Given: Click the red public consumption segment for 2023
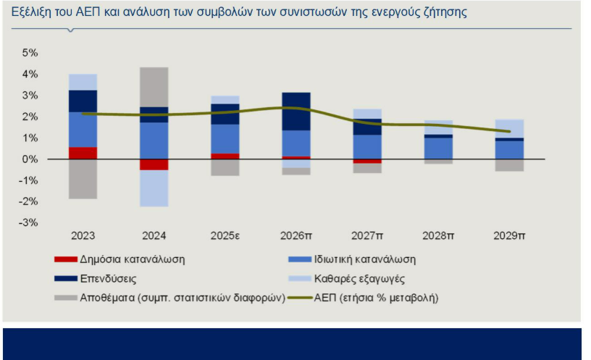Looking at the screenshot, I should pos(83,153).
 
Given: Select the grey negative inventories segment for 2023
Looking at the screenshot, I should pos(83,178).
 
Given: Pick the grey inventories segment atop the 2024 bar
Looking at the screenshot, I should pos(154,87).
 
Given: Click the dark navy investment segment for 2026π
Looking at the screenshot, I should pos(296,111).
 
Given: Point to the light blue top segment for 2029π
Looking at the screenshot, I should pos(509,128).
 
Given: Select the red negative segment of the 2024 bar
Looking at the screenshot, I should pos(154,164).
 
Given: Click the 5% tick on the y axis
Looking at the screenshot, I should pos(30,53).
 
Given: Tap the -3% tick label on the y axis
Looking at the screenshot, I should pos(28,222).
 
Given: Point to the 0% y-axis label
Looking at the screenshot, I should pos(30,159).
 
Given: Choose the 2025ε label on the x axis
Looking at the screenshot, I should pos(225,236).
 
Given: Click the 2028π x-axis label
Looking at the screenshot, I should pos(438,236).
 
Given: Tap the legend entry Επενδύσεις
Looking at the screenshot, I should pos(106,278).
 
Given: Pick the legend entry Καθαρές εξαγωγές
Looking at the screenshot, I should pos(359,278).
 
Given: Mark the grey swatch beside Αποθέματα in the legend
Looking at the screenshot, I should pos(64,297).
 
